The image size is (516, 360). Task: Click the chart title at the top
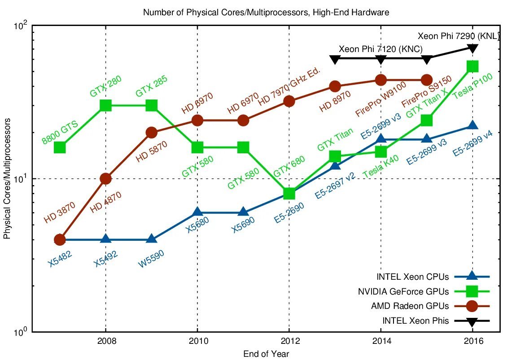[266, 13]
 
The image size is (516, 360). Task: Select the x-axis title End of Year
[266, 354]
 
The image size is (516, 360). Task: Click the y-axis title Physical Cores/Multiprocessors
[8, 178]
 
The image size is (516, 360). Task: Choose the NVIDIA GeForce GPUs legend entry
[403, 291]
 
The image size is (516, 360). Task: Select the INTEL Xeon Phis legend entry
[415, 321]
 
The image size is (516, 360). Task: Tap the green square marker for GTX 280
[106, 105]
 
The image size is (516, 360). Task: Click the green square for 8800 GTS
[60, 147]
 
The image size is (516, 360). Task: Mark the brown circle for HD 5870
[152, 132]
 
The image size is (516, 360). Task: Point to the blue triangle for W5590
[152, 239]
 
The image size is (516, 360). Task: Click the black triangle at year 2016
[472, 48]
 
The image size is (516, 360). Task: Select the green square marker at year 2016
[472, 66]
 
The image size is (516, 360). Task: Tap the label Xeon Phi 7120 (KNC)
[381, 49]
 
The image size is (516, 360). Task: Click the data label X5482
[60, 259]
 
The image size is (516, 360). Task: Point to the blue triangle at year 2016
[472, 126]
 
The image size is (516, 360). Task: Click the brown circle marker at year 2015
[427, 80]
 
